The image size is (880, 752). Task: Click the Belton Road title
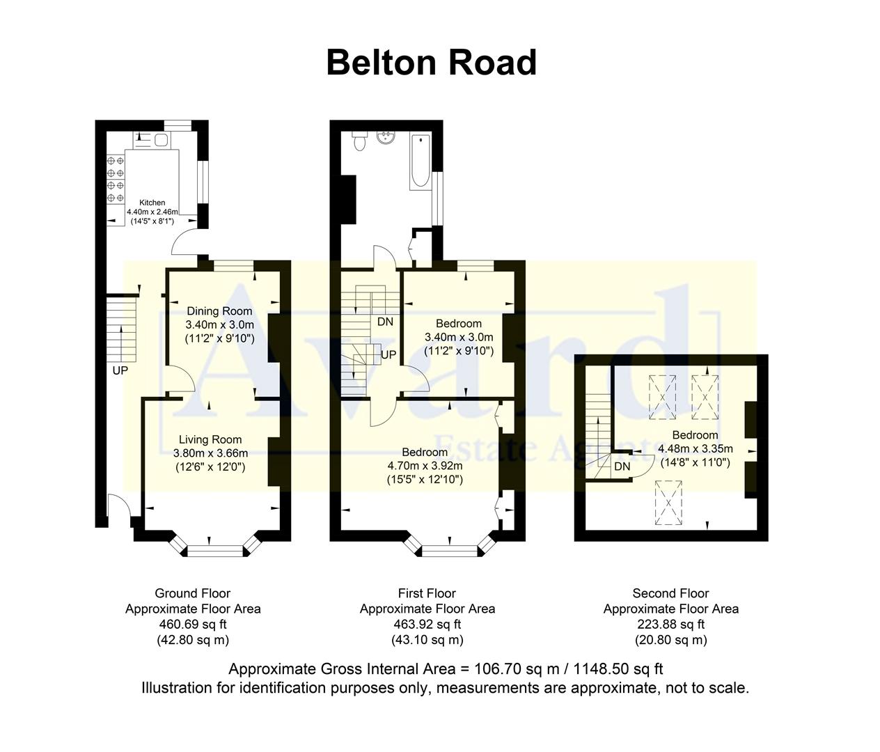[431, 63]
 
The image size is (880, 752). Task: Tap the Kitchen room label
[152, 203]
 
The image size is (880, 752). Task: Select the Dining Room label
[219, 311]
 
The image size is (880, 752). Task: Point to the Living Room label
[210, 439]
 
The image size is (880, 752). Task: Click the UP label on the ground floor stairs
[120, 370]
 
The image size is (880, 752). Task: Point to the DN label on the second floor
[622, 467]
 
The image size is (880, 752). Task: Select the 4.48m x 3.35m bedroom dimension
[695, 448]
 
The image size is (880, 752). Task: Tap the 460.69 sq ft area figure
[193, 625]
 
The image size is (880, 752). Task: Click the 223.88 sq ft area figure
[670, 625]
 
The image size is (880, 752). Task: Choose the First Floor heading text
[427, 593]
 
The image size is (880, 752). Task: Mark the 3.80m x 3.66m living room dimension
[210, 453]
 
